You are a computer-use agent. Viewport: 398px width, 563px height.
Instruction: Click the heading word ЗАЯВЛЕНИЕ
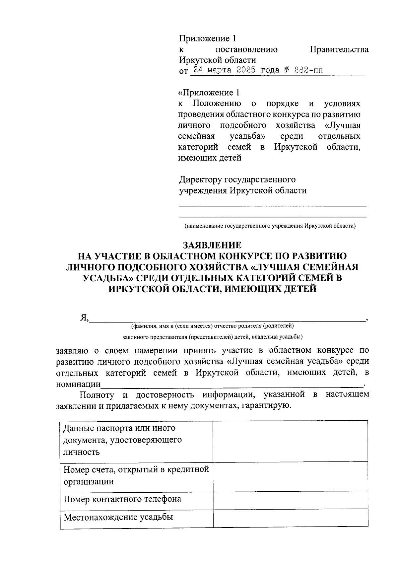point(212,245)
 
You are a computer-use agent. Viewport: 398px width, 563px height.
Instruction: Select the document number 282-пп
point(309,70)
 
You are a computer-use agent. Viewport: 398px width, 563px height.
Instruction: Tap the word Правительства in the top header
point(339,49)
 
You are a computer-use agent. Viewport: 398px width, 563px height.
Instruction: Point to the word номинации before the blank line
point(78,384)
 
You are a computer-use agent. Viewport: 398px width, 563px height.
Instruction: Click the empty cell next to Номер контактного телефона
point(290,500)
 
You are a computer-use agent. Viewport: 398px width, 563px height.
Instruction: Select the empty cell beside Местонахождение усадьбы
point(290,518)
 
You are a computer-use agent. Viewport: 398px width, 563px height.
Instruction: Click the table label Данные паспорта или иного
point(119,428)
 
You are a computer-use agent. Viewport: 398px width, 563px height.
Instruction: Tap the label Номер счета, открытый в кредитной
point(136,469)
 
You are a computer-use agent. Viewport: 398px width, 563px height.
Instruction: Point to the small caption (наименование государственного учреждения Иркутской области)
point(270,226)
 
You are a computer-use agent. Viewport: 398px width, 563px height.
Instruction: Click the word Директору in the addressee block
point(201,179)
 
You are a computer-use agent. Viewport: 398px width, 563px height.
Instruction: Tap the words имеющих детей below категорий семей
point(210,158)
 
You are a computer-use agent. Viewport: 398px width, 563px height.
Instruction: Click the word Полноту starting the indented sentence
point(97,395)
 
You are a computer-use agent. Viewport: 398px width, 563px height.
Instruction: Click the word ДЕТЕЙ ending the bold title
point(300,289)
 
